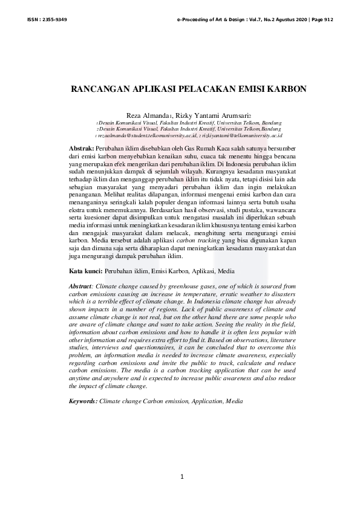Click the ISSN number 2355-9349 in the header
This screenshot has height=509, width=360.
[x=55, y=20]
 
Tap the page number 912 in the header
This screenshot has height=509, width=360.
[x=327, y=20]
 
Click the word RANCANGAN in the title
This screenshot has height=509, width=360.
[x=100, y=88]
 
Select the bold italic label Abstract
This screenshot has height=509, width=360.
[x=82, y=285]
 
